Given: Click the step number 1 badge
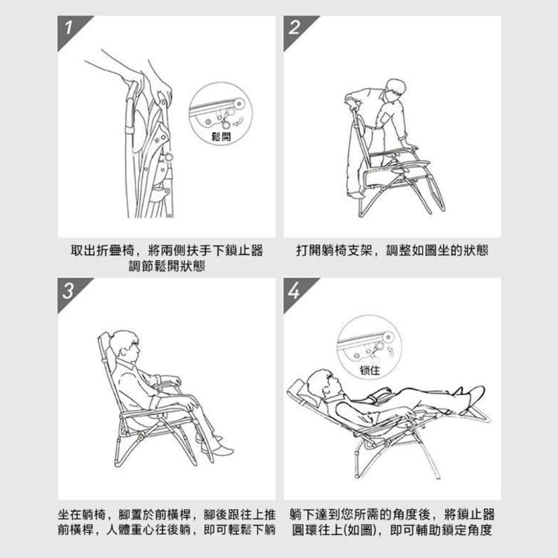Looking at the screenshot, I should pyautogui.click(x=69, y=30).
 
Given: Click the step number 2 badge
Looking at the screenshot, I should pyautogui.click(x=295, y=30).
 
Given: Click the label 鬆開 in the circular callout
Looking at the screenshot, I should pyautogui.click(x=222, y=137).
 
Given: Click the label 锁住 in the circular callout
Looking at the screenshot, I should pyautogui.click(x=370, y=369).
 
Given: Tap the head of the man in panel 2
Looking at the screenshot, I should pyautogui.click(x=395, y=89).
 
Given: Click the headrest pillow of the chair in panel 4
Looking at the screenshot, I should pyautogui.click(x=300, y=387).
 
